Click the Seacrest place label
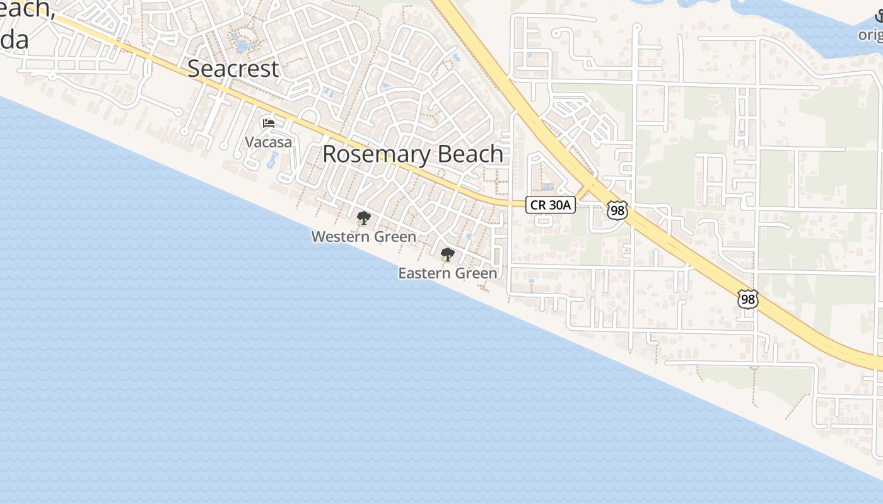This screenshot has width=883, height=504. click(233, 69)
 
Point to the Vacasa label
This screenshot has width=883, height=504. click(269, 142)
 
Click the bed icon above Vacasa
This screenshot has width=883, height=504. click(269, 122)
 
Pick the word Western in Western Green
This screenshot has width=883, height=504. click(340, 237)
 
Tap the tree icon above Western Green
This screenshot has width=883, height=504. click(363, 218)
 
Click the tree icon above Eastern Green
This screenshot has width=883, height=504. click(447, 255)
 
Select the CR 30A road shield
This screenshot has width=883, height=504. click(551, 204)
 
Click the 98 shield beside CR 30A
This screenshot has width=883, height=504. click(617, 210)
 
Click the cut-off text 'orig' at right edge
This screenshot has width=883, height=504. click(871, 35)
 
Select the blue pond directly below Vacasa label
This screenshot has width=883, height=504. click(272, 160)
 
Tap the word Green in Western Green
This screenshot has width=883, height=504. click(393, 237)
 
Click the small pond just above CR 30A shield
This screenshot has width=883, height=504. click(547, 187)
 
